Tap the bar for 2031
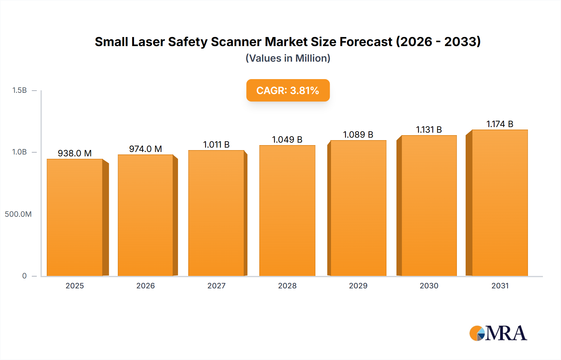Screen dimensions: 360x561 click(x=500, y=203)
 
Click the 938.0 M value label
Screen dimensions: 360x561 click(x=75, y=153)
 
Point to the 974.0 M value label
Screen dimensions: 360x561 click(x=146, y=149)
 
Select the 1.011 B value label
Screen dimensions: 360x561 click(x=216, y=144)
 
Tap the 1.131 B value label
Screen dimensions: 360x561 click(x=429, y=130)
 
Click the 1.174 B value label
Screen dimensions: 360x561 click(x=500, y=124)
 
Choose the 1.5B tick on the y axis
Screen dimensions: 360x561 click(x=19, y=90)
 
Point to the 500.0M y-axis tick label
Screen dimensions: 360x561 click(x=18, y=214)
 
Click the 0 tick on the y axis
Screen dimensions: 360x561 click(x=24, y=276)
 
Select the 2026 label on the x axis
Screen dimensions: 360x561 click(x=146, y=286)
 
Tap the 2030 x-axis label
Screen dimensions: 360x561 click(x=429, y=286)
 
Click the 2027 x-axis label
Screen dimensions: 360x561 click(x=216, y=286)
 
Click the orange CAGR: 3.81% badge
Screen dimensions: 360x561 click(x=288, y=90)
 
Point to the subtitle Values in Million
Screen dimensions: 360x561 click(x=288, y=58)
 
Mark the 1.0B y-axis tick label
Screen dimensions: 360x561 click(x=19, y=152)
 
